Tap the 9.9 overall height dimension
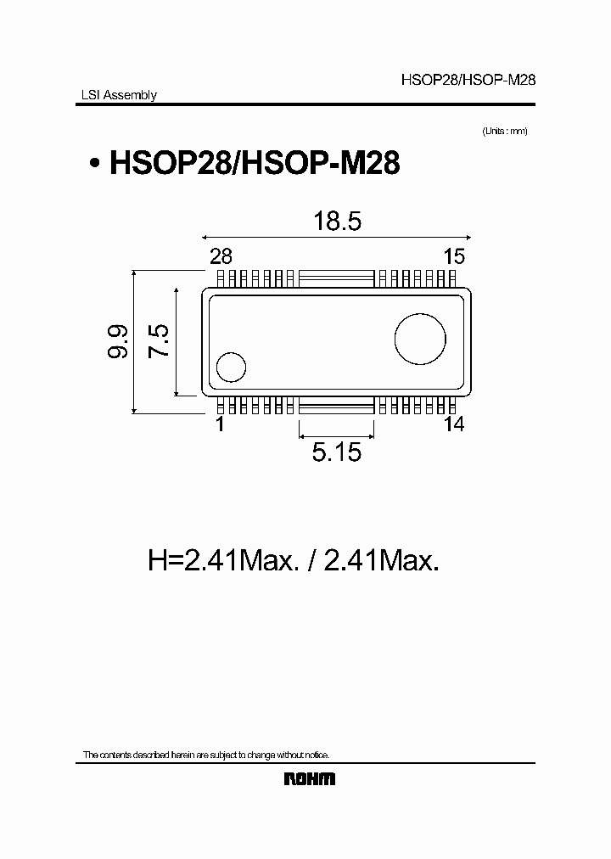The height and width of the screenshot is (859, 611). (x=118, y=341)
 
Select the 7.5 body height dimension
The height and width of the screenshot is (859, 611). (x=159, y=341)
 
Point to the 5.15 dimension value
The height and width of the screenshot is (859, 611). (x=337, y=452)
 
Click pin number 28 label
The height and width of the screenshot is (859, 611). (x=221, y=257)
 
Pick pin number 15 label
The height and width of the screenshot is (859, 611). (x=453, y=257)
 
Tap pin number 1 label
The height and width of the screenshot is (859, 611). (x=220, y=424)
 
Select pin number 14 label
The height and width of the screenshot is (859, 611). (x=454, y=424)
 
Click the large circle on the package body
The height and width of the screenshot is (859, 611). (x=420, y=339)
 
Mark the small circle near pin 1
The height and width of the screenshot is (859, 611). (x=230, y=368)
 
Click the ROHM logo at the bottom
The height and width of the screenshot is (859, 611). (x=308, y=778)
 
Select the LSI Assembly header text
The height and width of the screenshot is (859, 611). (x=113, y=95)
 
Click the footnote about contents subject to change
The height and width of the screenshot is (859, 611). (x=205, y=755)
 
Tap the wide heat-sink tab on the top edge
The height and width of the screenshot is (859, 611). (x=336, y=278)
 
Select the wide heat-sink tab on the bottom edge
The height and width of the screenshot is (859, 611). (x=336, y=406)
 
